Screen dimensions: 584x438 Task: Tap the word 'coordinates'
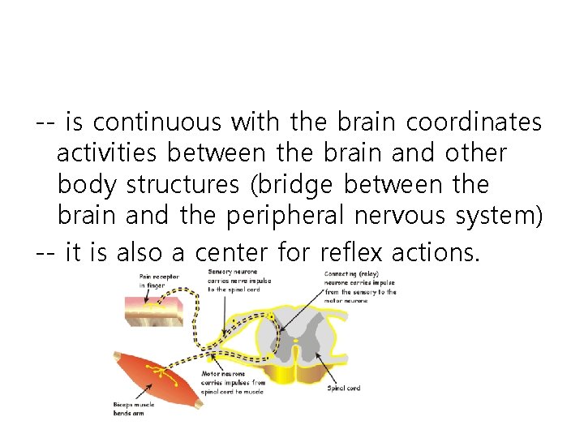click(474, 122)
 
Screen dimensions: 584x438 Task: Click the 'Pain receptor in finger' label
click(159, 281)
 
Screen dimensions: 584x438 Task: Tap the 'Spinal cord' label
click(343, 388)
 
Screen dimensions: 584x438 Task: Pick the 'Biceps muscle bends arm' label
click(135, 409)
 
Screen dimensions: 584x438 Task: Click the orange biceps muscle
click(158, 376)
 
